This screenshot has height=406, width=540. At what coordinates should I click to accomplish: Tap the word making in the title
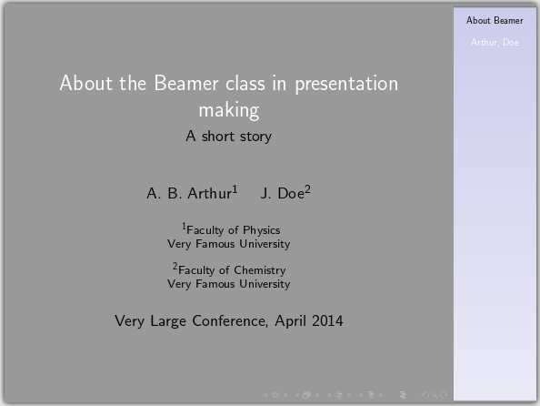(x=229, y=110)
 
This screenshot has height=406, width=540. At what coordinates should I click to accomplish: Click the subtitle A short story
(x=229, y=137)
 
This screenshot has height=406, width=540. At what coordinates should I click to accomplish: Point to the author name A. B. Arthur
(x=189, y=193)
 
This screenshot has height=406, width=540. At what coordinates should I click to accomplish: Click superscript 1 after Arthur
(x=235, y=189)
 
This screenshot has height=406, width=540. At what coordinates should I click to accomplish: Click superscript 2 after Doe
(x=308, y=189)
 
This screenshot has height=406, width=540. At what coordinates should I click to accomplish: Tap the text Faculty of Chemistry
(x=232, y=270)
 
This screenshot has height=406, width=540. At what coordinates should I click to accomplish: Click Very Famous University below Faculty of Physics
(x=229, y=244)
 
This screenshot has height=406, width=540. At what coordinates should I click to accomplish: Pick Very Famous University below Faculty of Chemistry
(x=229, y=284)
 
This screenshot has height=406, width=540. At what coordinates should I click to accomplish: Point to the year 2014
(x=327, y=320)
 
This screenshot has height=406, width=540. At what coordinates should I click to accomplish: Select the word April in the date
(x=291, y=320)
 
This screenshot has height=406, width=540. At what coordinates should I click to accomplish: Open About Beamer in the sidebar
(x=495, y=20)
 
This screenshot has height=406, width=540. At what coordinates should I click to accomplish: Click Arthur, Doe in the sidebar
(x=495, y=43)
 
